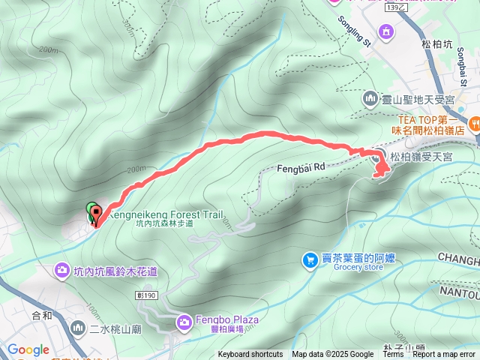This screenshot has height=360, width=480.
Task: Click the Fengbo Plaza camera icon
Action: click(184, 322)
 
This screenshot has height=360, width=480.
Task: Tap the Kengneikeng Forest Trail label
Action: click(166, 214)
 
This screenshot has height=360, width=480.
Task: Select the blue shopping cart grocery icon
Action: click(309, 260)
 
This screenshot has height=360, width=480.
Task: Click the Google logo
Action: click(28, 349)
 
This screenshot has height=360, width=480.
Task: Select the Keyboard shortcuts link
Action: click(250, 355)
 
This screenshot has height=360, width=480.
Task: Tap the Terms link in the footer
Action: click(393, 355)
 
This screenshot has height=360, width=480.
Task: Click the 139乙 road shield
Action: click(397, 7)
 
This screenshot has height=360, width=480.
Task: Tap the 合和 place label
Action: click(42, 316)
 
